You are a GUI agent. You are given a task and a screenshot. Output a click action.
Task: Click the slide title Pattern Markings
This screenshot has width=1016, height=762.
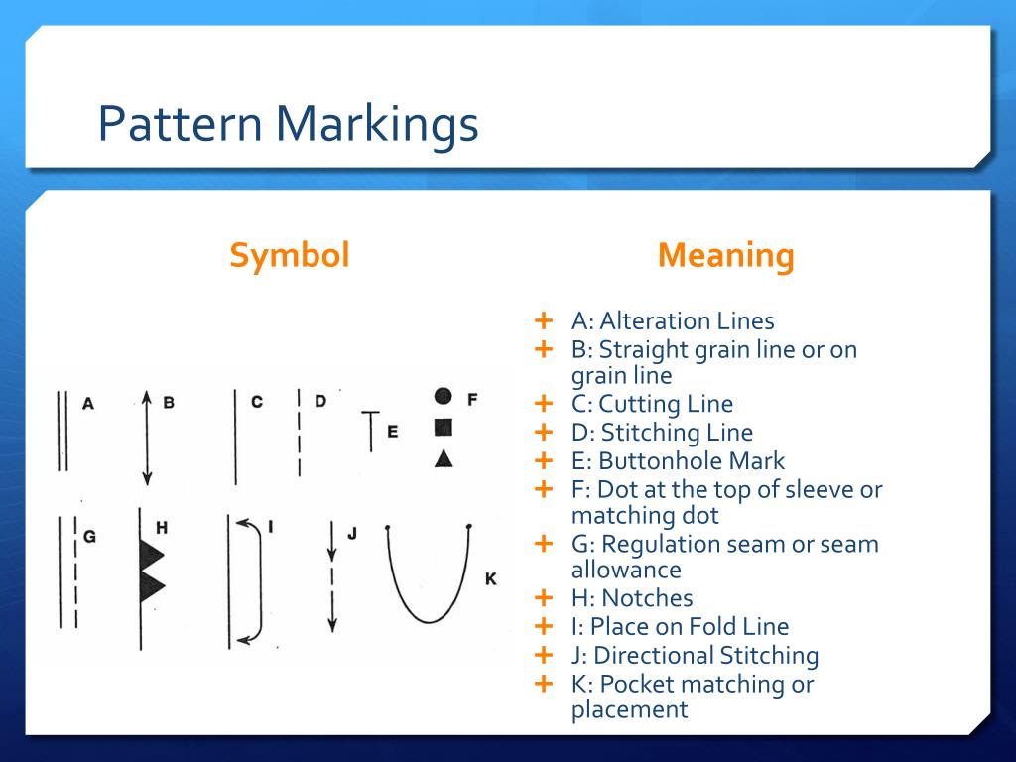tap(288, 124)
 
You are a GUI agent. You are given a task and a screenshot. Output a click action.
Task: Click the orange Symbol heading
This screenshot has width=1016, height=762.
tap(290, 256)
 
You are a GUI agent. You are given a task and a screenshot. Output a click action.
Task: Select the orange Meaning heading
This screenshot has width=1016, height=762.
tap(725, 256)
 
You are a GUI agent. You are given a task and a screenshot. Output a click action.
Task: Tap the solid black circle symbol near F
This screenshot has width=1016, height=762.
tap(444, 397)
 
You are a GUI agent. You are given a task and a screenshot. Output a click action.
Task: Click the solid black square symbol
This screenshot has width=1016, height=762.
tap(444, 428)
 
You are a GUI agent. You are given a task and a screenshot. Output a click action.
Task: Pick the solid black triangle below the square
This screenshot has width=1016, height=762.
tap(444, 457)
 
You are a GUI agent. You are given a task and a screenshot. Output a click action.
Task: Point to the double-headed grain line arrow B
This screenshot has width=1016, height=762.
tap(146, 437)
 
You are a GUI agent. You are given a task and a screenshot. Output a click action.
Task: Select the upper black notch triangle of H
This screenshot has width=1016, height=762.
tap(151, 554)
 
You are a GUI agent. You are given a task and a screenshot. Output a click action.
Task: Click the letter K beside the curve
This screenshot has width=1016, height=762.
tap(490, 578)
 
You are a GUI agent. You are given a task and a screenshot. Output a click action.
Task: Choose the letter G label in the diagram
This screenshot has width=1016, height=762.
tap(89, 536)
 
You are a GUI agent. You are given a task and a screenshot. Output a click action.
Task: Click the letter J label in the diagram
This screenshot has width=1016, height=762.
tap(351, 534)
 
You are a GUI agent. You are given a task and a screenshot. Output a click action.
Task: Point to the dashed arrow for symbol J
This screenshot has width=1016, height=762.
tap(332, 575)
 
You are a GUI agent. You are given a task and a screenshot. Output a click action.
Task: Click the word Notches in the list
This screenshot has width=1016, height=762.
tap(647, 598)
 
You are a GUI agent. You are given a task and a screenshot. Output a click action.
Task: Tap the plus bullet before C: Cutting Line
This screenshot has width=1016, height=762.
tap(543, 403)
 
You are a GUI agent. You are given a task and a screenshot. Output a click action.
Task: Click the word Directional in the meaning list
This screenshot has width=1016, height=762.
tap(654, 656)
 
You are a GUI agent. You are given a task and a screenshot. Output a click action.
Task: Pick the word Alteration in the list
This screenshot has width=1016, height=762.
tap(656, 321)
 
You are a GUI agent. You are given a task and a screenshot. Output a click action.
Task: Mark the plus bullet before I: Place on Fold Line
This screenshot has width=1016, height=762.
tap(543, 626)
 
